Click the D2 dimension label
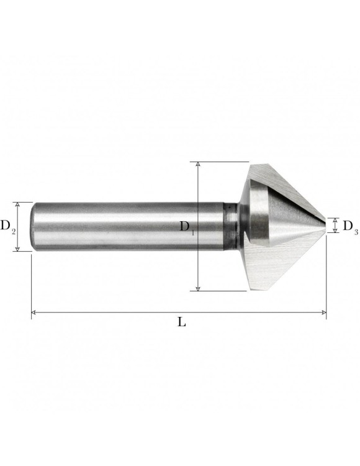[x=7, y=226]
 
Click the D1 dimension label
[x=187, y=227]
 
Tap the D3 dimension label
[x=350, y=226]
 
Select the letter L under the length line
[x=182, y=322]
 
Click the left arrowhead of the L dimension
[x=34, y=313]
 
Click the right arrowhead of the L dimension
[x=324, y=313]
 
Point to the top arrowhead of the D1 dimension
[x=198, y=165]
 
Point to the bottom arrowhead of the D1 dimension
[x=198, y=288]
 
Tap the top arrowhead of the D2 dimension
[x=17, y=204]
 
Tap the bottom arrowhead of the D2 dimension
[x=17, y=249]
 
